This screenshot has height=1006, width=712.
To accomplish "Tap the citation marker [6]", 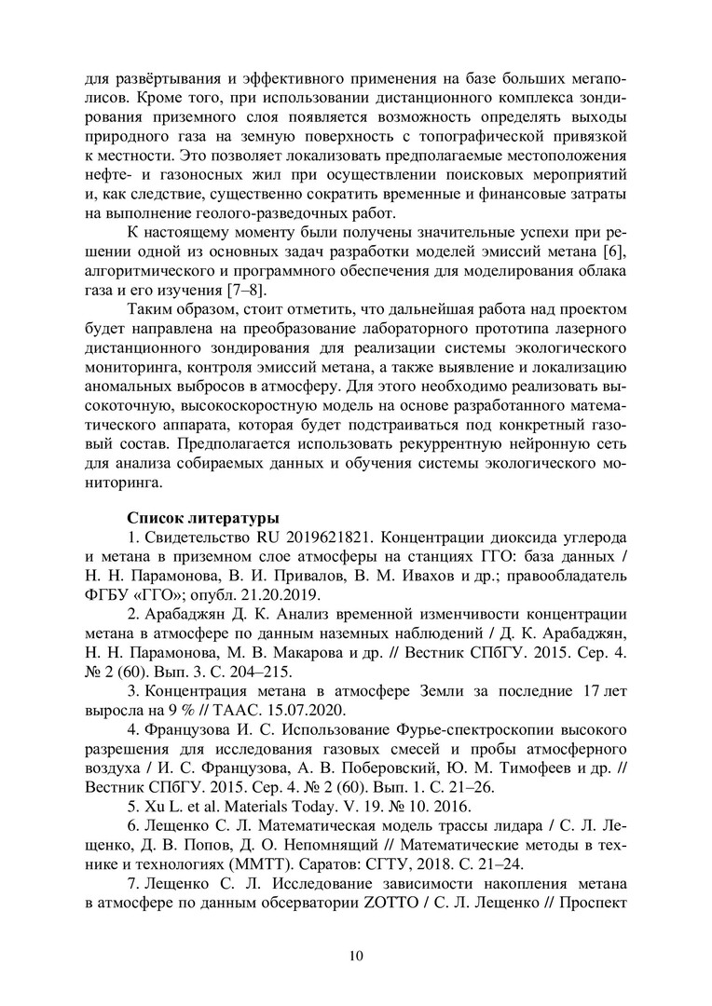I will [x=615, y=253].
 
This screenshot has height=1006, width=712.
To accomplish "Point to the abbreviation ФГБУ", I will [x=105, y=594].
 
